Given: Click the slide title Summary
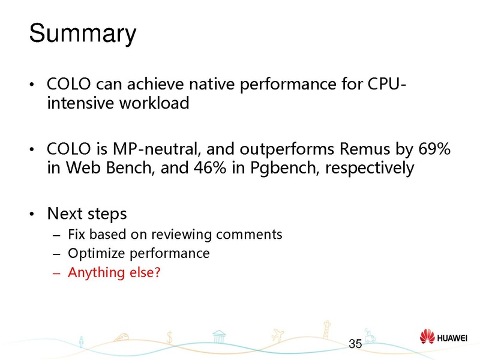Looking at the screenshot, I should point(83,34).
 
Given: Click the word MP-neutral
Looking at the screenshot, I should point(150,148).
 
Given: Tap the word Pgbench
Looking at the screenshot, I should point(280,167).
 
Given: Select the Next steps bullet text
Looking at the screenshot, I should point(87,214).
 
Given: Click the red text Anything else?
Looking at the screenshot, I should point(114,272).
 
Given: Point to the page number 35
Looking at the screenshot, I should point(355,344).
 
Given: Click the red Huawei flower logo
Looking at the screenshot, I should point(428,337).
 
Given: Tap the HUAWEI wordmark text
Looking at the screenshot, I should point(454,337).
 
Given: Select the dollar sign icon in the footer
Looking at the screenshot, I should point(170,337).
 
